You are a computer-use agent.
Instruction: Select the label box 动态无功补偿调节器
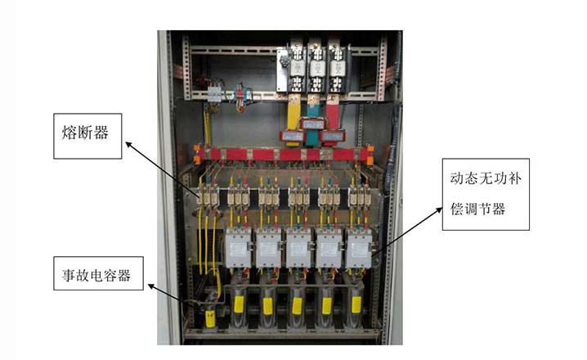click(x=482, y=193)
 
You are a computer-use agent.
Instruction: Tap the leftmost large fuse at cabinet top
click(x=295, y=65)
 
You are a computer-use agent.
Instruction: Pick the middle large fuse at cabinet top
click(x=316, y=65)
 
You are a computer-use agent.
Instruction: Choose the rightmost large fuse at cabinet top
click(x=338, y=65)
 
